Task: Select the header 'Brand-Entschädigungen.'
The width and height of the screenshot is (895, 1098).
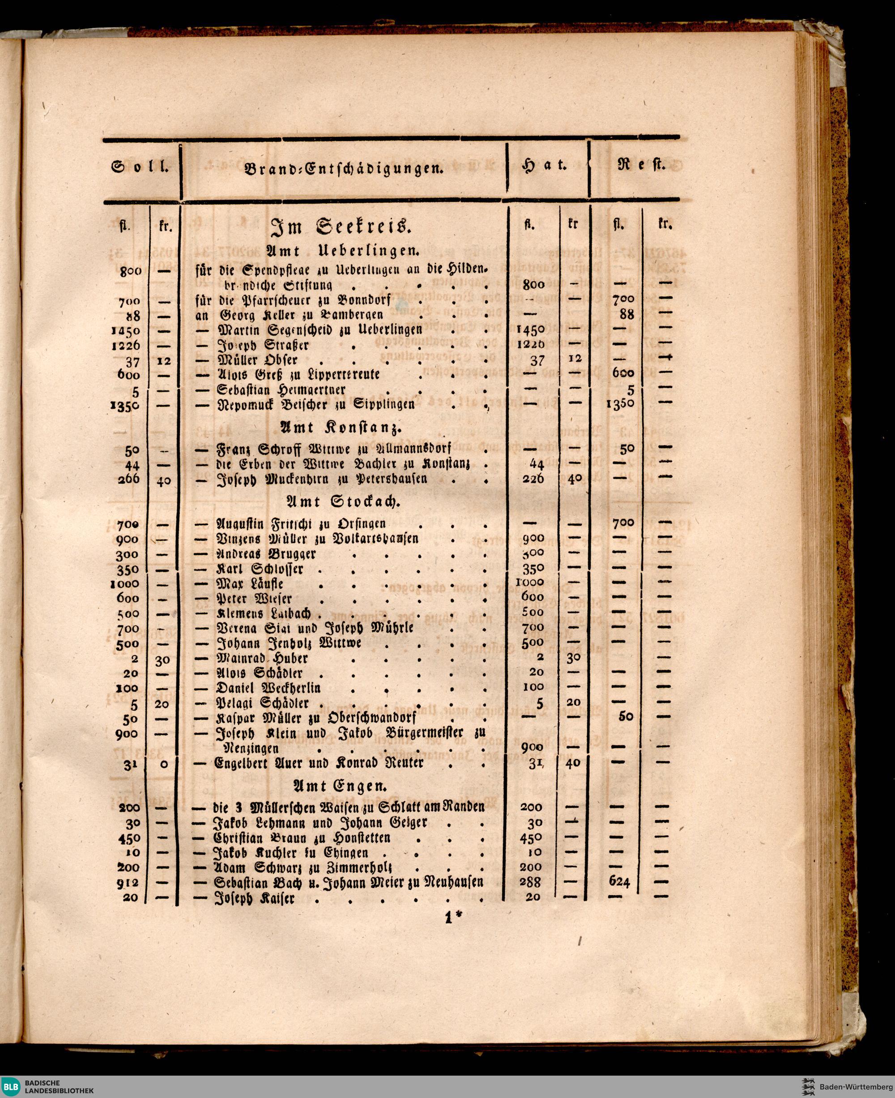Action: (345, 168)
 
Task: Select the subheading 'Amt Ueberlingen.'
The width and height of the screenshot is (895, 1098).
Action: (342, 251)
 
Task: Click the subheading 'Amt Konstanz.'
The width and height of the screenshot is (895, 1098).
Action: (341, 427)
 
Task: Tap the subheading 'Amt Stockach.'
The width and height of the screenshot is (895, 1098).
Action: (342, 501)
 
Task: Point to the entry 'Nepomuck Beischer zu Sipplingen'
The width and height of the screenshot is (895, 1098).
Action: (315, 404)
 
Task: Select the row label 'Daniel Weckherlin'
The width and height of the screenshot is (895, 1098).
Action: (268, 688)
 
